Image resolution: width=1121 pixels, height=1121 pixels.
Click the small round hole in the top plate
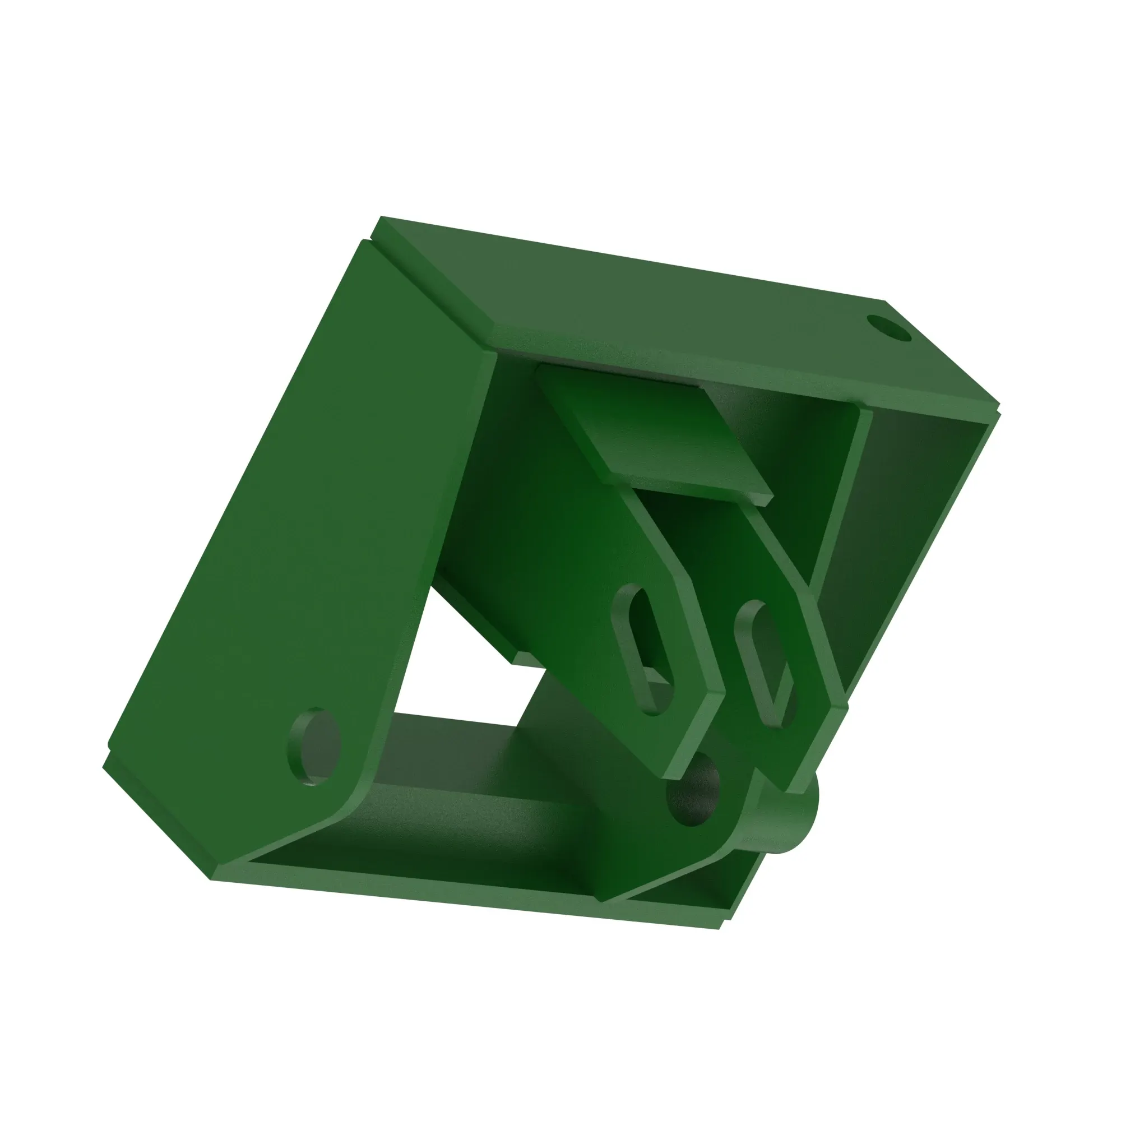pos(888,328)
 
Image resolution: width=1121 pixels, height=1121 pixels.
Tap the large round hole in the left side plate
pos(314,746)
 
